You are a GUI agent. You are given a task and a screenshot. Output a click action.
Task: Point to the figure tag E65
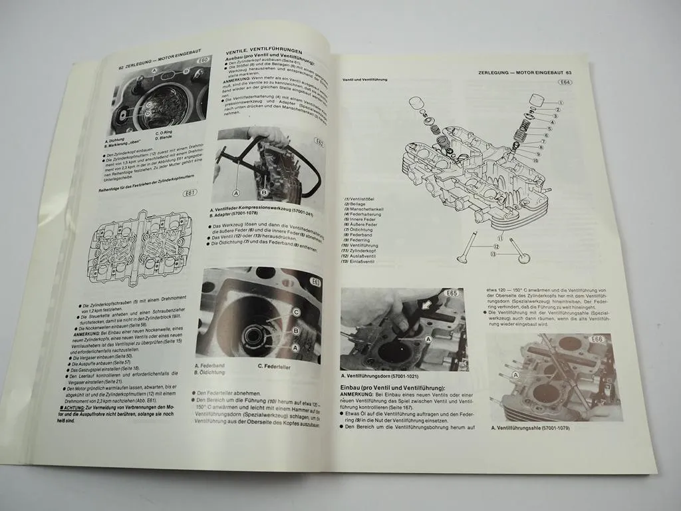click(452, 293)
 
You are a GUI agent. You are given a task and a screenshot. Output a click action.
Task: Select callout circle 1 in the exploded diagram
click(559, 102)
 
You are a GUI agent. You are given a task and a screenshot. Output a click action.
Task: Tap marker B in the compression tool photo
click(264, 193)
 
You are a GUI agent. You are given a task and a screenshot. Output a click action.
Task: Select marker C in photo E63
click(295, 311)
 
